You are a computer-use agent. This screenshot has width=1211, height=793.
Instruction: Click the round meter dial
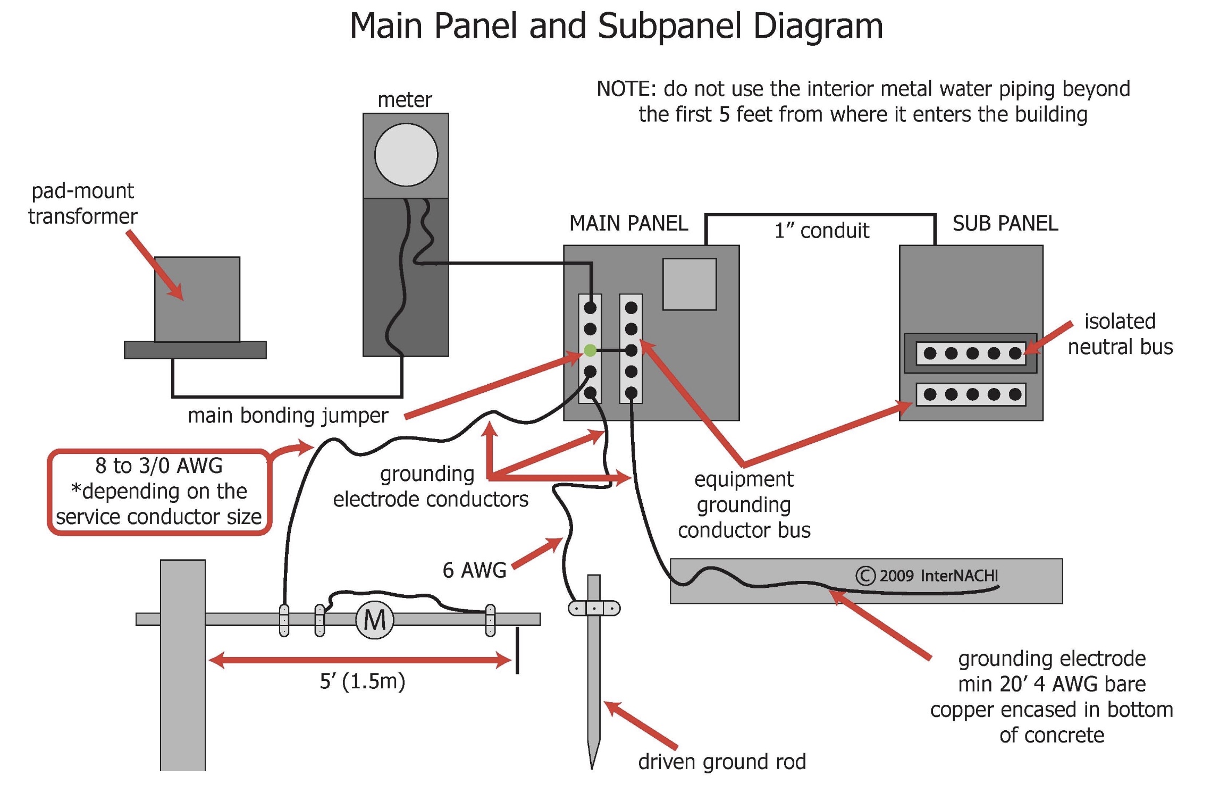(x=406, y=155)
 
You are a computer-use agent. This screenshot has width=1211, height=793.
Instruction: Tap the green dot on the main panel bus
(x=590, y=350)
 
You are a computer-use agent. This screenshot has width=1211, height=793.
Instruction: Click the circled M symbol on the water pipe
(x=375, y=619)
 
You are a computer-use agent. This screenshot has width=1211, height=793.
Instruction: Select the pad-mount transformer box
(x=197, y=299)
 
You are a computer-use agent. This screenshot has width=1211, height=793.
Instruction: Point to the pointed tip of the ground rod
(x=592, y=768)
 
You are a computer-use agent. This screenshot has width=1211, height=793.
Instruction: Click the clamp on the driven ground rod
(x=594, y=608)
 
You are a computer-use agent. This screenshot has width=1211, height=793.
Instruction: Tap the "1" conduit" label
(x=821, y=231)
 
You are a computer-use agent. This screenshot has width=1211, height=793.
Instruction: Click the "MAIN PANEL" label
(x=628, y=223)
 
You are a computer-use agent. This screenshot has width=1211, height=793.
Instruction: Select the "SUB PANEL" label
(x=1005, y=223)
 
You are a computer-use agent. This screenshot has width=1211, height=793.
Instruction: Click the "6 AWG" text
(x=474, y=570)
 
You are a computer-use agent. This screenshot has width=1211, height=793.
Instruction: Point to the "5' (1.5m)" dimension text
(x=362, y=681)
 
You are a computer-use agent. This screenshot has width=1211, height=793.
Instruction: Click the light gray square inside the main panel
(x=689, y=284)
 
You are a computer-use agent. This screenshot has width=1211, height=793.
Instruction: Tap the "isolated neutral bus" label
(x=1120, y=334)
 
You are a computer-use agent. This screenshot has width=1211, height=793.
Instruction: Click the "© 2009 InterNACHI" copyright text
(x=927, y=576)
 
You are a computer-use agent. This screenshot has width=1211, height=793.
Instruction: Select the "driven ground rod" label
(x=722, y=762)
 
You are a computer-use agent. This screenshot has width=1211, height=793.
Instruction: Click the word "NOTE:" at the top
(x=627, y=89)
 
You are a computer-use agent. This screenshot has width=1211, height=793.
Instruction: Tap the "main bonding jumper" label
(x=288, y=415)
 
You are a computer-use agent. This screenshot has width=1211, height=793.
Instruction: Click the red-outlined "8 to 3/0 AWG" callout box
(x=159, y=492)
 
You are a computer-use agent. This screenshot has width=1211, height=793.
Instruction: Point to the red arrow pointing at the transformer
(x=155, y=265)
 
